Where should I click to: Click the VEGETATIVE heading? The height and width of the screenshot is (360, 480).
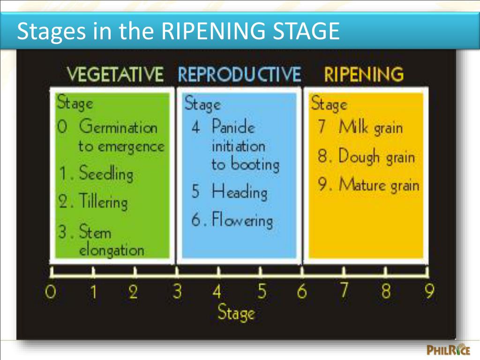coord(115,75)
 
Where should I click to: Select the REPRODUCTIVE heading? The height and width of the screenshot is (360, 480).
coord(239,75)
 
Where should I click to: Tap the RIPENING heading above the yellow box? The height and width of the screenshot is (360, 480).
coord(364,75)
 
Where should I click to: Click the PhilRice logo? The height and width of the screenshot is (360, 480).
coord(448,350)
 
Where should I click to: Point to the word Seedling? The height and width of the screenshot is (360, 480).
coord(106,174)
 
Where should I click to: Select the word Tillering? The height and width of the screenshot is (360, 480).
coord(103,202)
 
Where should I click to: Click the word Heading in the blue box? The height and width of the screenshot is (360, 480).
coord(239,192)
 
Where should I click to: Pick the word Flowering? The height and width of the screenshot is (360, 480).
coord(242,220)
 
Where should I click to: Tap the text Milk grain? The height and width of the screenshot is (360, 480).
coord(371,128)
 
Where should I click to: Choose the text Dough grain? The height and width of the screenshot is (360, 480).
coord(376,157)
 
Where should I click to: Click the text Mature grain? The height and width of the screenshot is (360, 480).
coord(379,185)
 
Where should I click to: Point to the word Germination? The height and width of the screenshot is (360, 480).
coord(118,127)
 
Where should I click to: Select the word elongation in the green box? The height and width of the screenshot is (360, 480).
coord(111,250)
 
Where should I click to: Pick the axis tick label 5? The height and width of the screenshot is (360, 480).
coord(262,292)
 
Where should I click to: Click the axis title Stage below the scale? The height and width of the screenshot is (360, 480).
coord(236,313)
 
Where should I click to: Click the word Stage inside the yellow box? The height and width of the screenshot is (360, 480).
coord(329,104)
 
